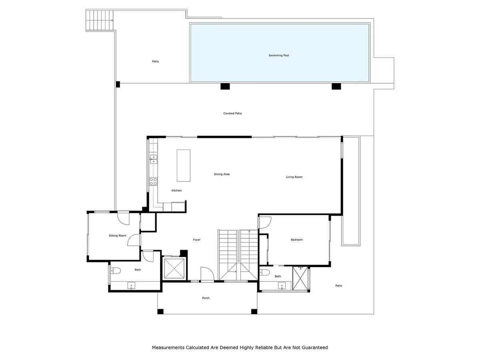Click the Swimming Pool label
click(278, 56)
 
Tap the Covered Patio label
click(232, 113)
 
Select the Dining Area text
click(222, 174)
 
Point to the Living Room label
click(294, 177)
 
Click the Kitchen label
click(176, 190)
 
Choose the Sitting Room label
click(118, 236)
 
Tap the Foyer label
click(196, 240)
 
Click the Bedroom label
click(296, 240)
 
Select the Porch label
click(206, 298)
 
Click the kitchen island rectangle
click(184, 166)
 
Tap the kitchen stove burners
click(153, 182)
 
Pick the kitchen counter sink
click(154, 159)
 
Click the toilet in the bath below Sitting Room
click(116, 271)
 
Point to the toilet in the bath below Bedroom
click(264, 272)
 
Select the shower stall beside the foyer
click(174, 268)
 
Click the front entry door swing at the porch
click(207, 274)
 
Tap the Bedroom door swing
click(265, 222)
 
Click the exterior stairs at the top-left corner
click(100, 20)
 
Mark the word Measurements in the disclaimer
click(168, 348)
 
